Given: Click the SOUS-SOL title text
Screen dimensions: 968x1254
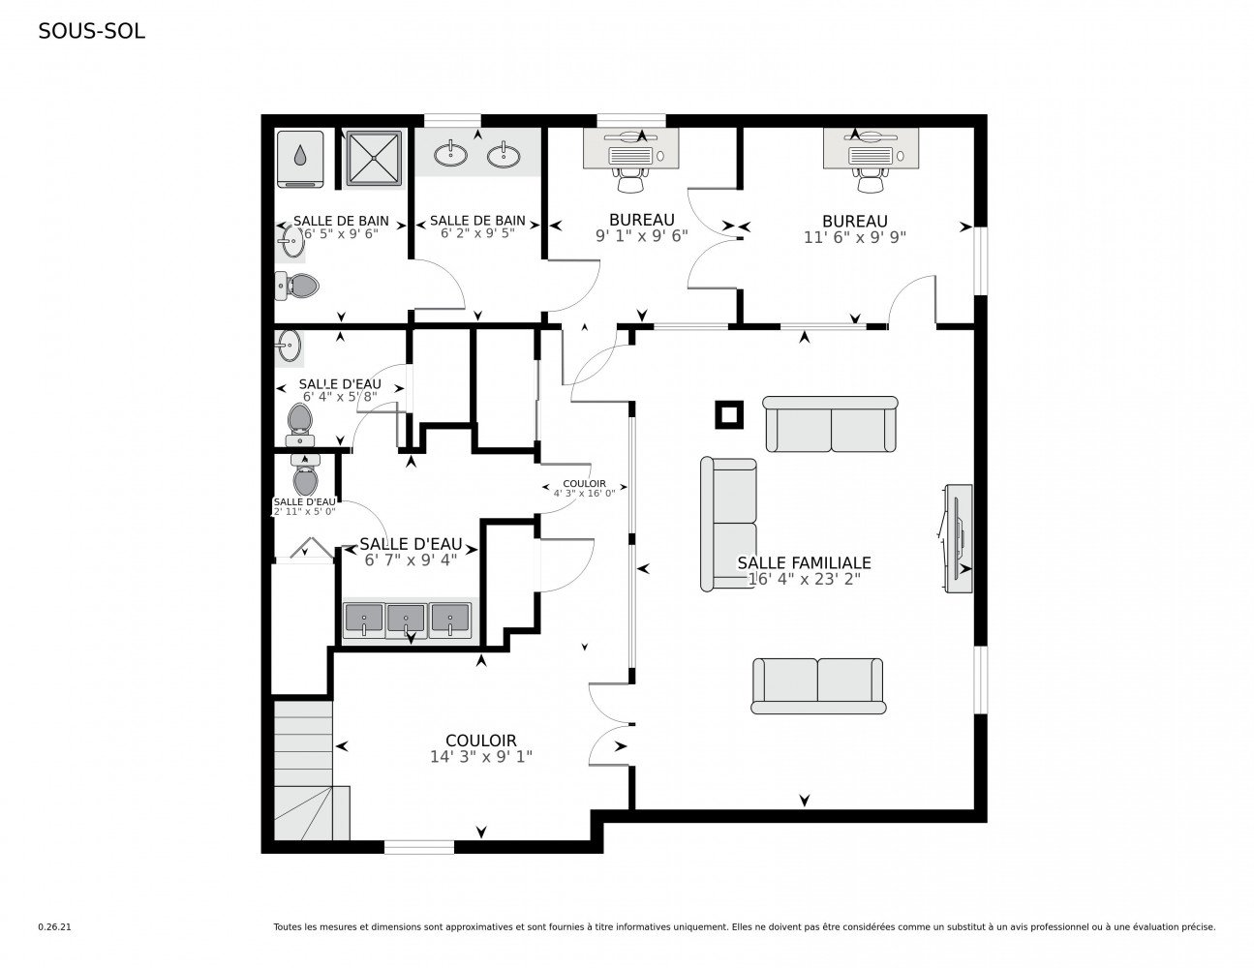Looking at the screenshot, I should point(91,31).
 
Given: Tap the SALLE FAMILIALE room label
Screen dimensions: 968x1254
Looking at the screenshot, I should point(804,562).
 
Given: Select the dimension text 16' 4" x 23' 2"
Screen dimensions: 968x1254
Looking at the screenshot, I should point(804,579).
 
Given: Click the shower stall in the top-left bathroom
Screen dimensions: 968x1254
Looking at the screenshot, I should point(373,158).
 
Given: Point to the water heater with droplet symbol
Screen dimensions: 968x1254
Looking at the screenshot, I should point(300,159).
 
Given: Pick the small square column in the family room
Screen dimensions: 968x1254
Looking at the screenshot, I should point(729,414).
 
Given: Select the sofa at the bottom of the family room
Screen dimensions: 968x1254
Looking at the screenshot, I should point(818,685).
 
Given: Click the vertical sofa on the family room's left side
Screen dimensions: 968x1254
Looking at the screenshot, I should point(728,524).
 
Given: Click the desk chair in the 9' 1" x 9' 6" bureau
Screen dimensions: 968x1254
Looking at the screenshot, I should point(630,179).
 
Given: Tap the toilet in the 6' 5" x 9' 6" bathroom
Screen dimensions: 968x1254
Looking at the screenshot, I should point(300,285).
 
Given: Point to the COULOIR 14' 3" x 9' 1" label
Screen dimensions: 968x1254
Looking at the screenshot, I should point(480,748).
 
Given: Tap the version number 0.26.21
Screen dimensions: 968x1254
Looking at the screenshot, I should point(54,926).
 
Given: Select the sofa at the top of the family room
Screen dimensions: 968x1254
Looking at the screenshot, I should point(830,423).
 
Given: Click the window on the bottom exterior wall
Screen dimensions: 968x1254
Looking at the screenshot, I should point(418,847).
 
